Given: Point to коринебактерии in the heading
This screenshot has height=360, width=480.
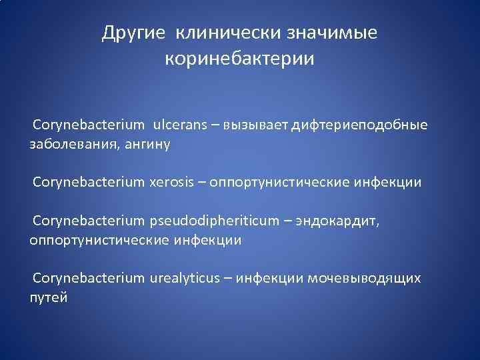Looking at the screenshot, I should tap(239, 59).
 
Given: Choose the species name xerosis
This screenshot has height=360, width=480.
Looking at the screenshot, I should tap(171, 182).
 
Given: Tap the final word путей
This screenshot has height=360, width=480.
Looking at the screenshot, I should tap(49, 297).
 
